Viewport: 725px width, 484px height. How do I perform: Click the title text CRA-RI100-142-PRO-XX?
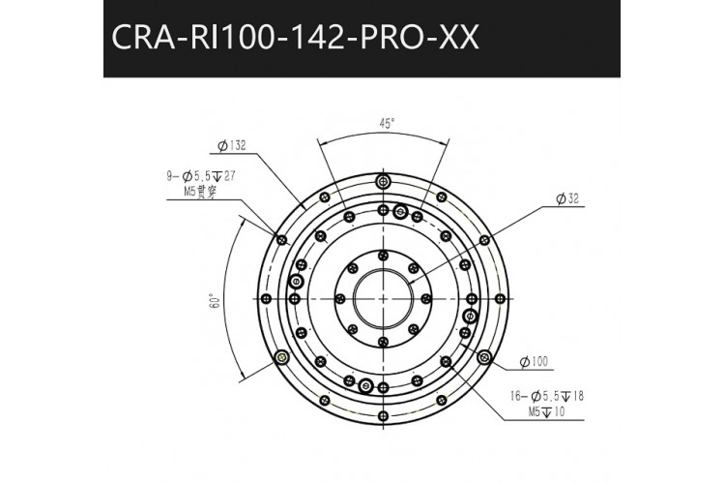(295, 37)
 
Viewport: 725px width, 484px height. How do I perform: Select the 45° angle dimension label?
(387, 124)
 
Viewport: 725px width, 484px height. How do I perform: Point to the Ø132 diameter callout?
(231, 146)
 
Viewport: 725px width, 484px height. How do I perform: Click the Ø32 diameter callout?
(566, 198)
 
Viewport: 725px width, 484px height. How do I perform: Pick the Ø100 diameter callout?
(534, 361)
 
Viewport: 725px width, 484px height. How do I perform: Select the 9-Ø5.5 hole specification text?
(201, 176)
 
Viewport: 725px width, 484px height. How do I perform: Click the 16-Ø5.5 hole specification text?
(547, 396)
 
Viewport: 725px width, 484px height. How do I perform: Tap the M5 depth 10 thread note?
(547, 411)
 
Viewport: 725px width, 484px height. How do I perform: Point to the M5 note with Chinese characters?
(199, 192)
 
